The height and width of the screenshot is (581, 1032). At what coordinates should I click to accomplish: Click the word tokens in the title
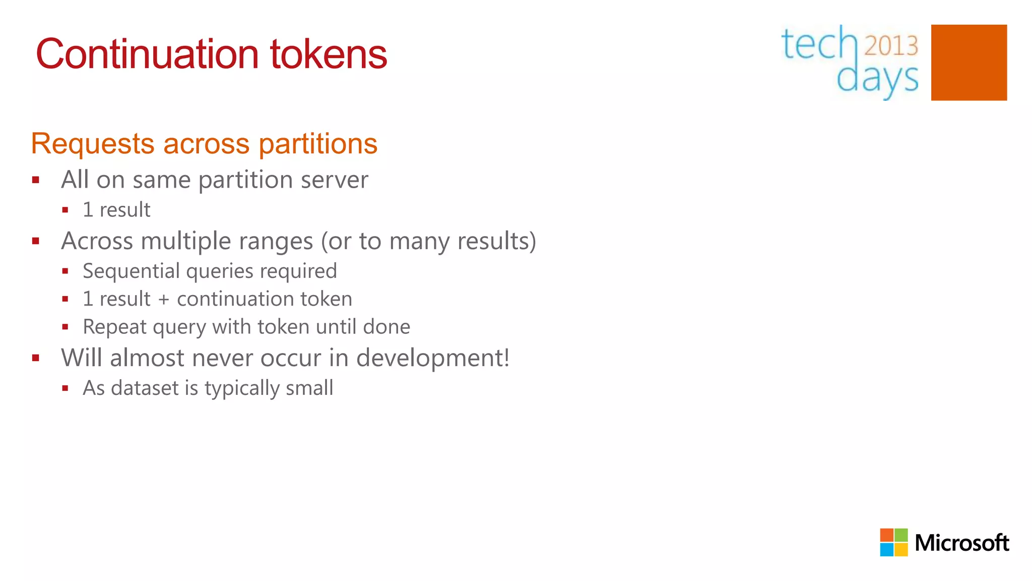click(329, 54)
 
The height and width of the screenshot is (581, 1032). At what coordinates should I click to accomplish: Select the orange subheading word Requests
click(93, 144)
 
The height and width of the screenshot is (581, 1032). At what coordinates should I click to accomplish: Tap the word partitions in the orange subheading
click(318, 144)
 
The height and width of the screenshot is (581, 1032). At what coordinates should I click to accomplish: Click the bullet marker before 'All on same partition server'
click(36, 180)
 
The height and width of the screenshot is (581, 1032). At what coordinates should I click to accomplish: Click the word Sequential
click(132, 271)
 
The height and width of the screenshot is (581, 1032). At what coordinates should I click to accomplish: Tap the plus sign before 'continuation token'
click(163, 300)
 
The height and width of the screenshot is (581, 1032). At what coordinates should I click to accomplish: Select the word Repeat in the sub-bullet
click(114, 327)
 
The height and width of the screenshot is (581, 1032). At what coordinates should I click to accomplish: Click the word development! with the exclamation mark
click(433, 358)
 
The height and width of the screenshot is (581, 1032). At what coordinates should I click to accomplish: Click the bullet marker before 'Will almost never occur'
click(36, 358)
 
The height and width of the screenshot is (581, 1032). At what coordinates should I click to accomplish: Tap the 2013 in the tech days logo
click(891, 45)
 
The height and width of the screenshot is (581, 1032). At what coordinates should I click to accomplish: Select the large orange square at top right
click(969, 63)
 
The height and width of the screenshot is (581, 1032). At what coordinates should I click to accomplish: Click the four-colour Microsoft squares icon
click(893, 542)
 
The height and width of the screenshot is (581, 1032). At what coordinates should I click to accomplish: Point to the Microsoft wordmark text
click(961, 543)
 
